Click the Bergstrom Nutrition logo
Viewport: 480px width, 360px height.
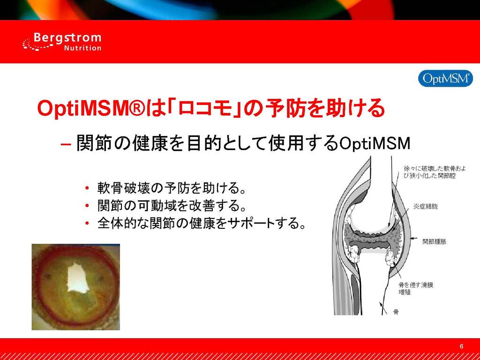tap(61, 42)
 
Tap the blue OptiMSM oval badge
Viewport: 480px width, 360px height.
tap(445, 79)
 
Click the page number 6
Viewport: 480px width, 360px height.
tap(462, 346)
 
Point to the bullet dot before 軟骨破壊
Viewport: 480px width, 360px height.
tap(88, 187)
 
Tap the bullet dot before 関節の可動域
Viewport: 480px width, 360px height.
tap(88, 205)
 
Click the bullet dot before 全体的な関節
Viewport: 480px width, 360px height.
tap(88, 223)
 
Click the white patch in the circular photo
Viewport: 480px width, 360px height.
tap(78, 277)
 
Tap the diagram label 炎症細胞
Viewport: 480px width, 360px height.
tap(426, 206)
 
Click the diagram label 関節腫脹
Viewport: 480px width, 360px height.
tap(435, 241)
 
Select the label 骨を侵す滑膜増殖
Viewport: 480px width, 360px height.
tap(415, 289)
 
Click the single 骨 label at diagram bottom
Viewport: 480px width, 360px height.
tap(396, 312)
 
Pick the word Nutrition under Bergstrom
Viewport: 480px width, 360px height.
tap(82, 48)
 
